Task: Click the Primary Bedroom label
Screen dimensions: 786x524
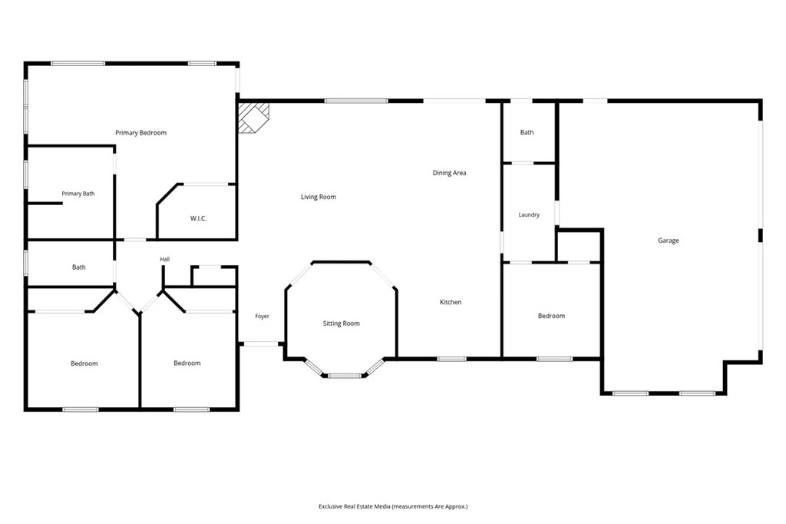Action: [141, 133]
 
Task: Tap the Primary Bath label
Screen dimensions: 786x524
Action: [78, 194]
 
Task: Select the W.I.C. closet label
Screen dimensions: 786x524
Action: [199, 219]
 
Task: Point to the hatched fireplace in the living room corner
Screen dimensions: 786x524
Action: [253, 118]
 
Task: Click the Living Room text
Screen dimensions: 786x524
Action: [319, 197]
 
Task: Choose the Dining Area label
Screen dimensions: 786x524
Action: [449, 173]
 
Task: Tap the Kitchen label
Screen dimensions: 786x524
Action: [450, 302]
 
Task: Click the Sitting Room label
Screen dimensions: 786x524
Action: [342, 323]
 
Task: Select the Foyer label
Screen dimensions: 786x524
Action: [263, 317]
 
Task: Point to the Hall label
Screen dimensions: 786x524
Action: [165, 260]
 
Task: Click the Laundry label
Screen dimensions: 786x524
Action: [529, 215]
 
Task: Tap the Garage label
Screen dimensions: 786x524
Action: [669, 241]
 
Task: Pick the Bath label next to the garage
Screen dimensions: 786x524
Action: [527, 132]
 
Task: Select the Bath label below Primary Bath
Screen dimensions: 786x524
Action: [79, 267]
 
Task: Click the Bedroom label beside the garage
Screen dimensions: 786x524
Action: [551, 317]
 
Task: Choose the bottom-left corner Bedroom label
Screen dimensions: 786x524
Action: [84, 364]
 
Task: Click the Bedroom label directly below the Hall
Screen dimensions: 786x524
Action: [187, 363]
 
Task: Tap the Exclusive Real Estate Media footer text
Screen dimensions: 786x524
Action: [393, 507]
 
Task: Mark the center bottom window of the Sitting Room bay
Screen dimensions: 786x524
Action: [345, 376]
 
